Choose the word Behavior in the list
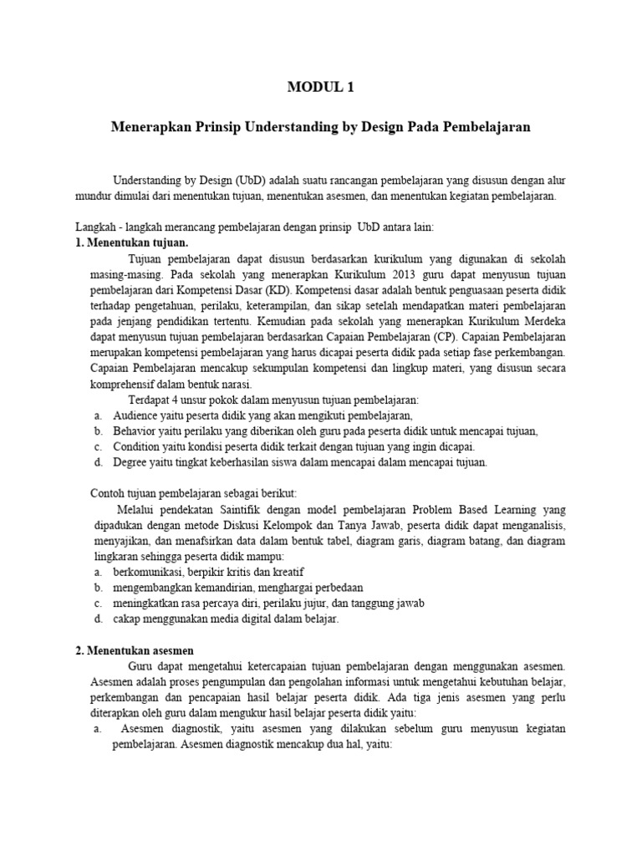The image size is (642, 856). click(135, 431)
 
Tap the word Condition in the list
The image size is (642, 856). click(137, 446)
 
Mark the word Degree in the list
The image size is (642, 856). click(132, 461)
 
